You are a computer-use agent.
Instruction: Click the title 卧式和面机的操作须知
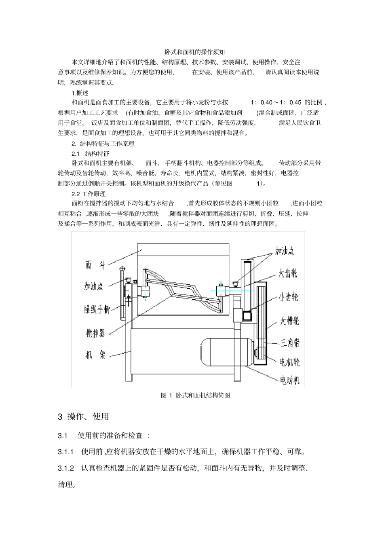point(192,52)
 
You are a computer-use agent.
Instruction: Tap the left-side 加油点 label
point(93,286)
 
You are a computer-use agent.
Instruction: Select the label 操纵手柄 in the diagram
point(97,309)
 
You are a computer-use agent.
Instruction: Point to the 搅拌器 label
point(95,333)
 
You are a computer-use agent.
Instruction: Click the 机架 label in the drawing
point(95,355)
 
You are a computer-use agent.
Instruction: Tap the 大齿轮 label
point(288,273)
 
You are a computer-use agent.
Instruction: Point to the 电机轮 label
point(289,362)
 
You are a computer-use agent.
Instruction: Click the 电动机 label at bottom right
point(289,380)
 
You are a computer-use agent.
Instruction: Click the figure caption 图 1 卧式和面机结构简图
point(195,395)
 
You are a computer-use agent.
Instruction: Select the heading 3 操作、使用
point(83,417)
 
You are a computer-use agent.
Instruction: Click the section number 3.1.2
point(66,468)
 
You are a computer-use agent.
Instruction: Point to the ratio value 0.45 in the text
point(295,102)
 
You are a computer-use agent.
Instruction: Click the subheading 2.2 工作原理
point(89,194)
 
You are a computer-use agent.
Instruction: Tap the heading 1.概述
point(80,93)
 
